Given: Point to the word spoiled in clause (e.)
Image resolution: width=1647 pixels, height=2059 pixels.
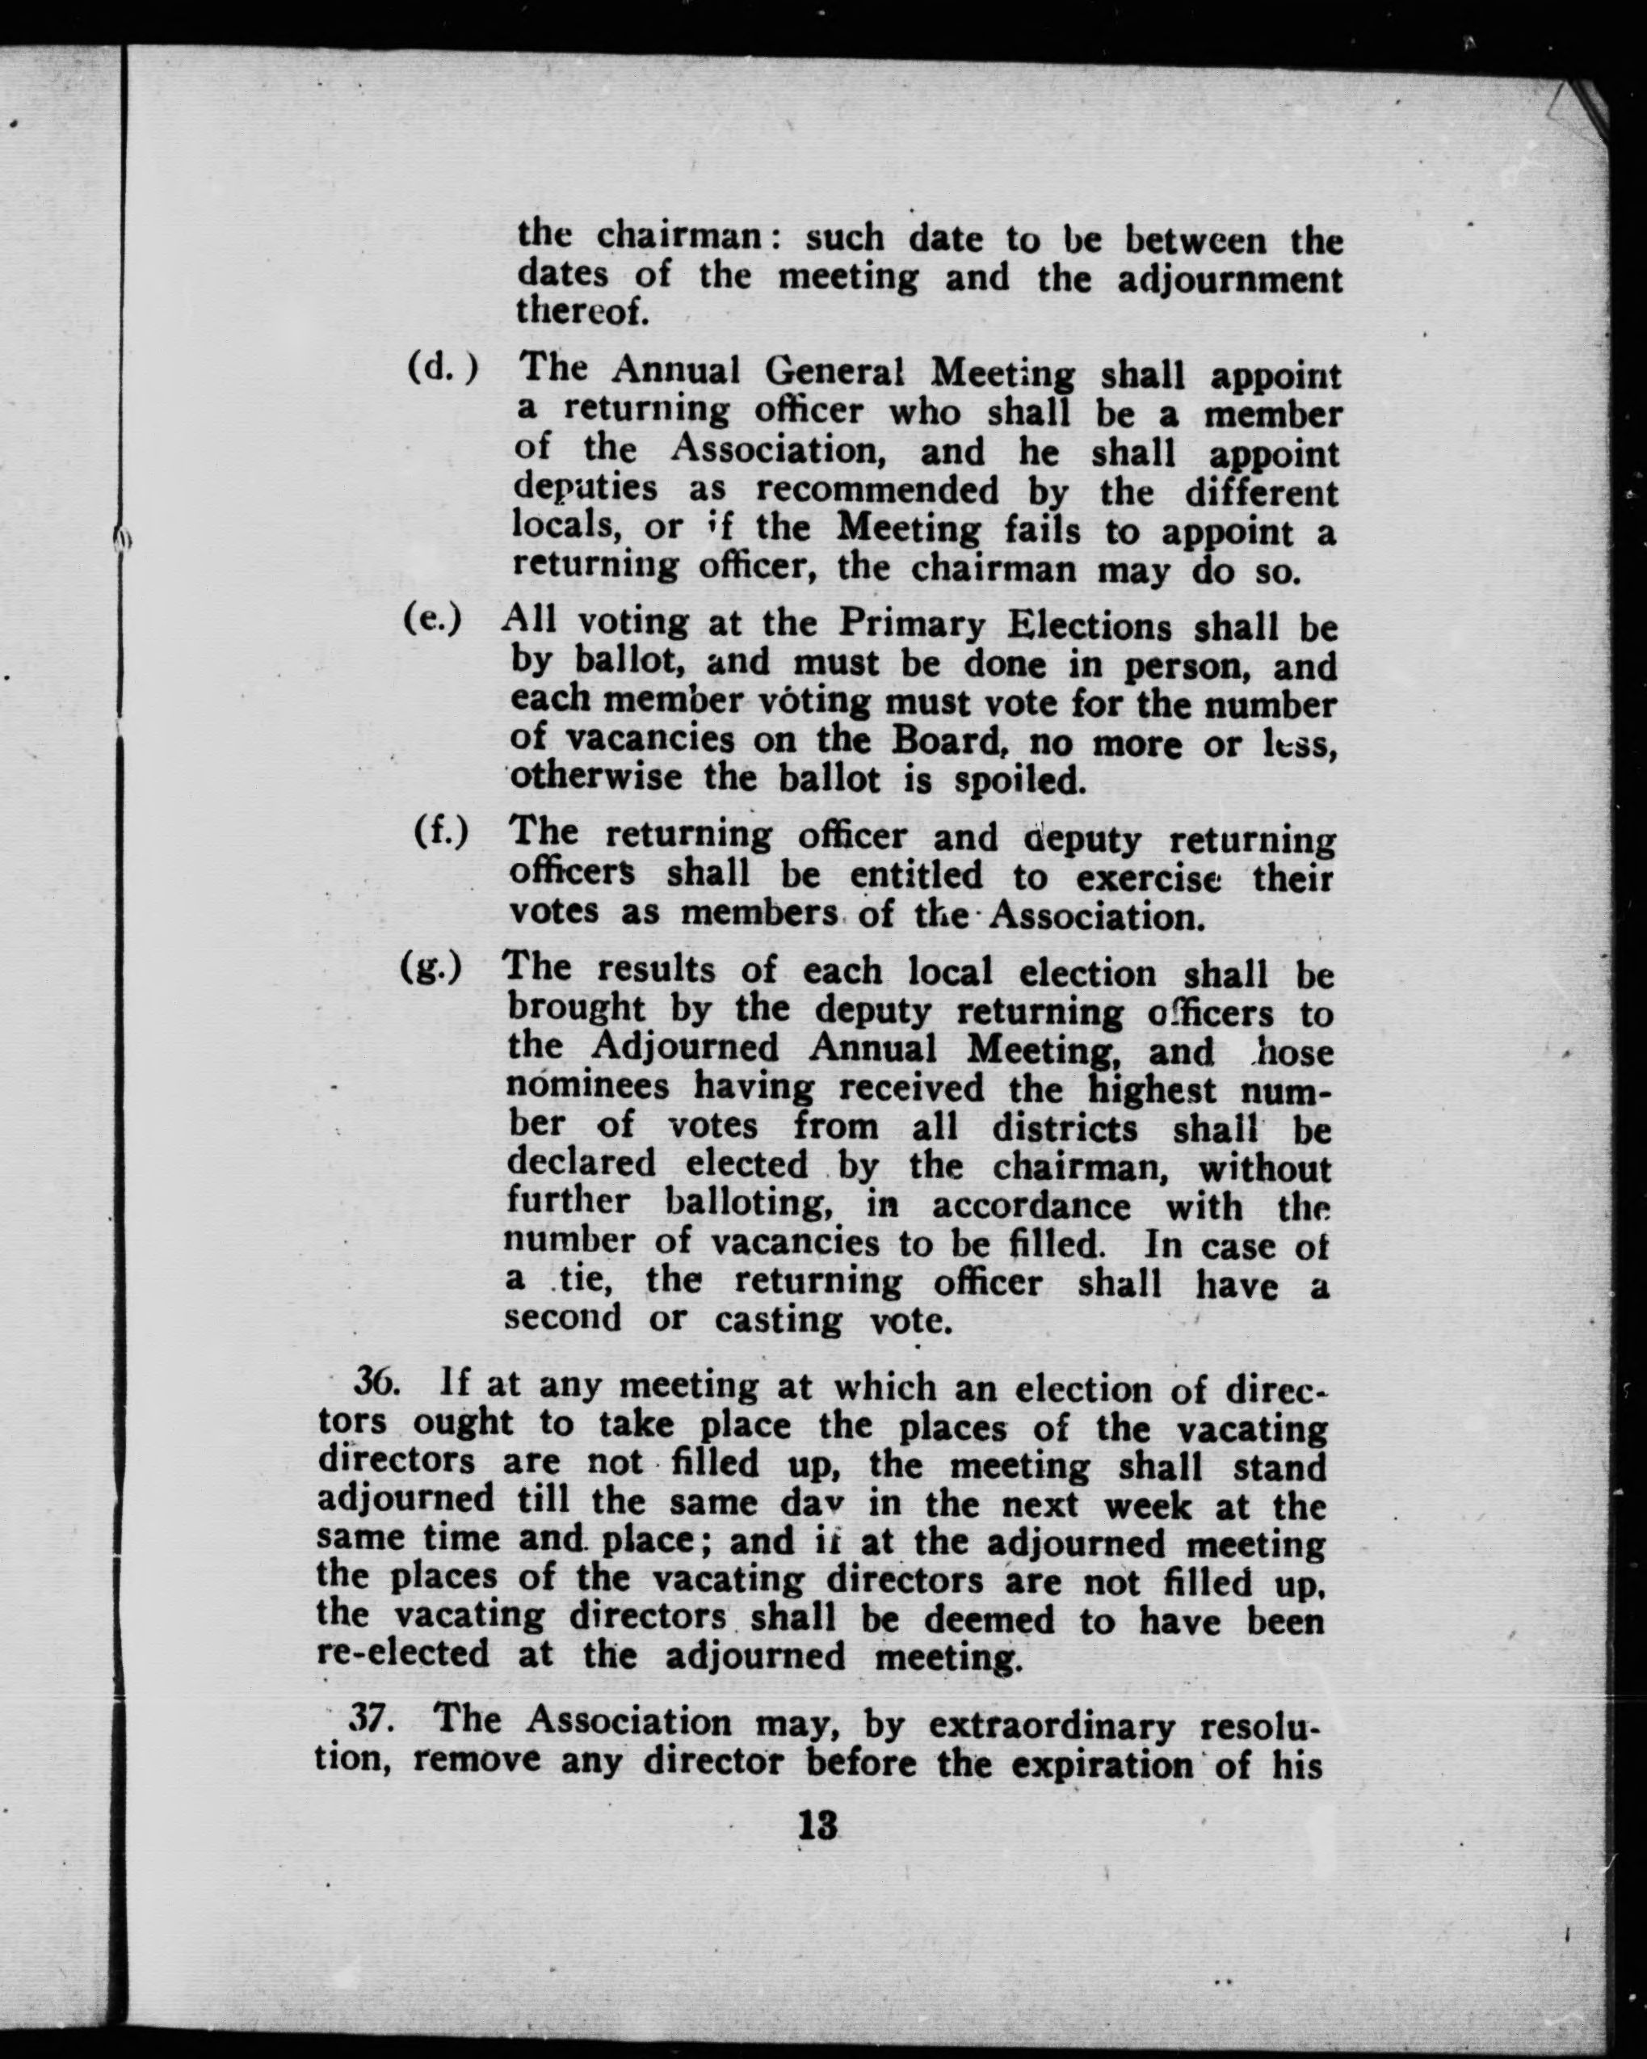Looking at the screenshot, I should pos(1021,781).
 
